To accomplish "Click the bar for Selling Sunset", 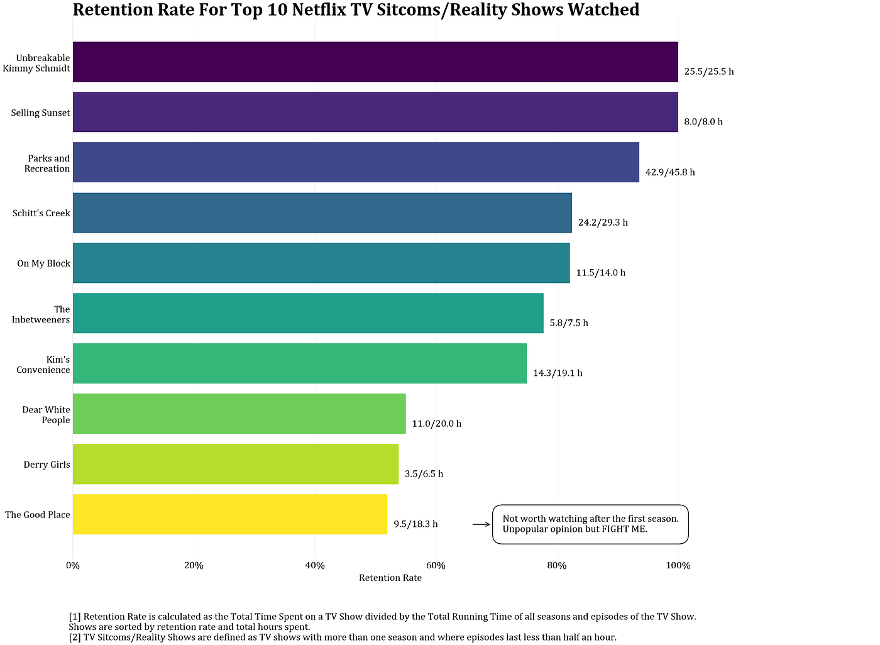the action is pos(375,112).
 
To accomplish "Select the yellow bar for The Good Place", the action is pos(230,514).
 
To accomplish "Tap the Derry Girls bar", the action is pos(236,464).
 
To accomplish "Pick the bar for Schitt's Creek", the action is pos(322,212).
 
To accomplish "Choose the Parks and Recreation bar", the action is pos(356,162).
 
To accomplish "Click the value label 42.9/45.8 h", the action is pos(670,172).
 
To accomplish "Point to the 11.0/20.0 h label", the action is pos(436,424).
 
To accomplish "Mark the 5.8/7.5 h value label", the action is pos(569,323).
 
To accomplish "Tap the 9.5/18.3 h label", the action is pos(415,524).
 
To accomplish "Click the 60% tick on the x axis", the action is pos(436,566).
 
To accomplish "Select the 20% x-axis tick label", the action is pos(194,566).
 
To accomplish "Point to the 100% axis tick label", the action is pos(678,566).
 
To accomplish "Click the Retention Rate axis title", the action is pos(390,578).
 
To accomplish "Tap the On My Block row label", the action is pos(43,263).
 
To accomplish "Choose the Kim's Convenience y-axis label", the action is pos(43,365).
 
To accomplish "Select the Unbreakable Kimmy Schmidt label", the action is pos(36,63).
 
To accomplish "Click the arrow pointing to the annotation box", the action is pos(481,524).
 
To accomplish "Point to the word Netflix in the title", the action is pos(319,9).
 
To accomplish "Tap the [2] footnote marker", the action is pos(75,637).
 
